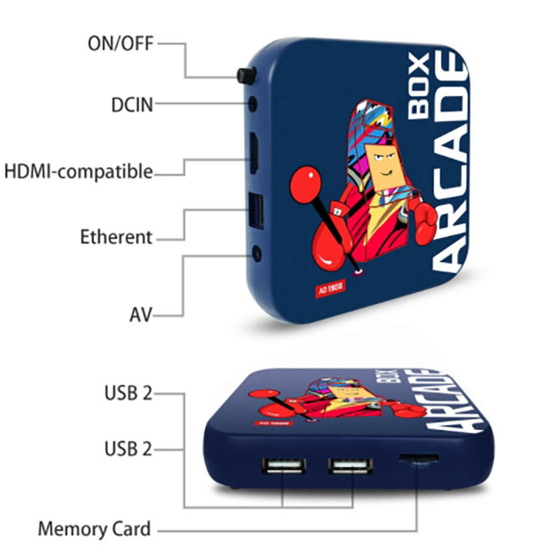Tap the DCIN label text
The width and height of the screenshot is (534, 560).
pos(132,104)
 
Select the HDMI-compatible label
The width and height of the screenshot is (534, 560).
pos(79,171)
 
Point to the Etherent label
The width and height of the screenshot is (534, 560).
pos(116,237)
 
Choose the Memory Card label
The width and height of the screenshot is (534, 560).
pos(94,529)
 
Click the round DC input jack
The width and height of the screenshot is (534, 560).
pos(253,104)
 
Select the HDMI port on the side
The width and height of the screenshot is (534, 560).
pos(255,152)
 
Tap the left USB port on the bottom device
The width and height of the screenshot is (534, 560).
pos(282,466)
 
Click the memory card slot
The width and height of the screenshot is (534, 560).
pos(419,459)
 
